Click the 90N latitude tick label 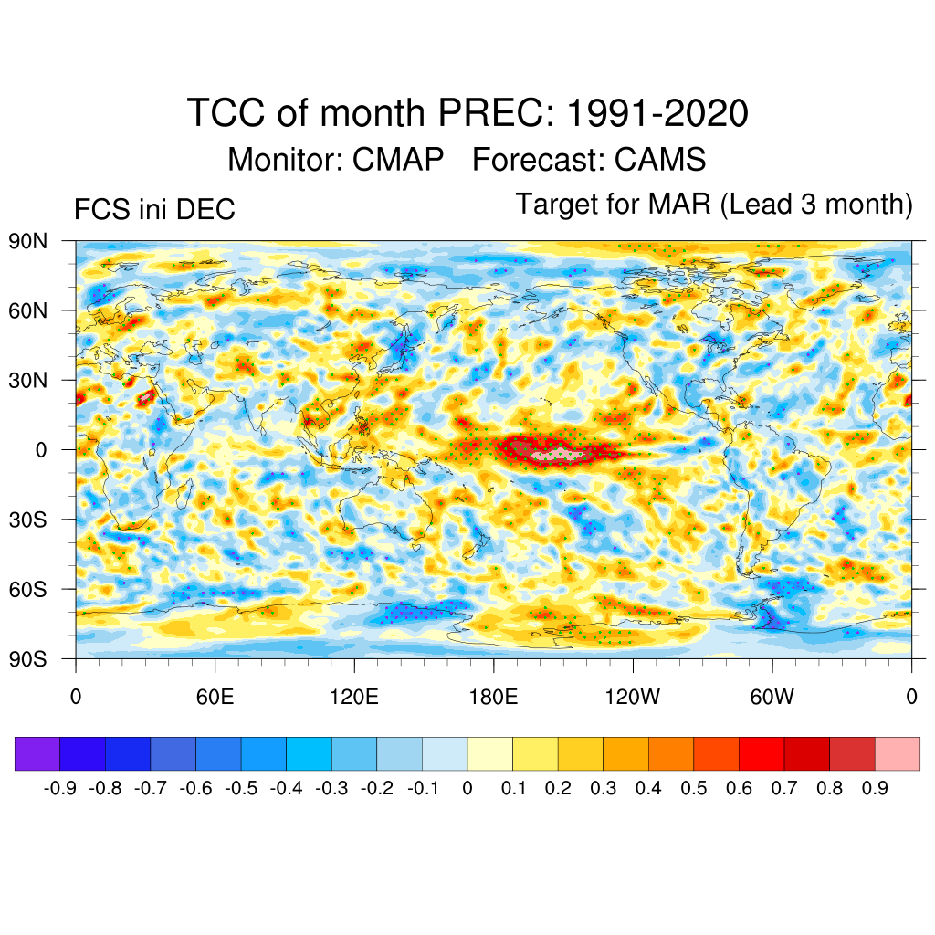click(x=27, y=242)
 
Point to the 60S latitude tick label click(x=27, y=589)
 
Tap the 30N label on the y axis click(x=27, y=381)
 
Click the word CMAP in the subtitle click(x=398, y=160)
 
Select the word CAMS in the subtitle click(x=660, y=160)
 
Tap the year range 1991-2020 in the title click(x=657, y=114)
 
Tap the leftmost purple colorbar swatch click(x=37, y=753)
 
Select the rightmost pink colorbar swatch click(x=897, y=753)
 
